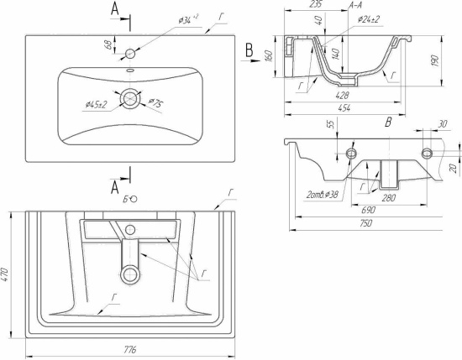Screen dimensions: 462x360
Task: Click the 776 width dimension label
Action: tap(129, 350)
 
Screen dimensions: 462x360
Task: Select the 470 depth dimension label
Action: tap(6, 274)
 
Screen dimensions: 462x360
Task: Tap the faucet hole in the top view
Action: tap(130, 54)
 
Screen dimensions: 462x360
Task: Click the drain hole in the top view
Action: tap(130, 98)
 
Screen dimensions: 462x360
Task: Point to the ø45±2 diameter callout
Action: tap(96, 104)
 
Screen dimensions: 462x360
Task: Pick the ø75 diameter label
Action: tap(156, 102)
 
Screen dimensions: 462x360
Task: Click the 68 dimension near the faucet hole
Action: tap(108, 44)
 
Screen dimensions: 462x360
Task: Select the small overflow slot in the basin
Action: tap(130, 70)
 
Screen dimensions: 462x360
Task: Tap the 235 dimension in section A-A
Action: tap(316, 4)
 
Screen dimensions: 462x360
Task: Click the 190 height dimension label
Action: tap(435, 60)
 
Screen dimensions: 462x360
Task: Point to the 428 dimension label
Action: tap(342, 95)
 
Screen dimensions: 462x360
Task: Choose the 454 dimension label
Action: tap(344, 108)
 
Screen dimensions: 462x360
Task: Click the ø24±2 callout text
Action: tap(368, 20)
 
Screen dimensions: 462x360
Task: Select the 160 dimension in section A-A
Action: tap(269, 56)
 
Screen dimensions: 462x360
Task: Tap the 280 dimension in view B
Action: tap(389, 198)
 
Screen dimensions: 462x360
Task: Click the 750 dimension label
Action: tap(365, 223)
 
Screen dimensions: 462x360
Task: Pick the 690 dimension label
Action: tap(368, 210)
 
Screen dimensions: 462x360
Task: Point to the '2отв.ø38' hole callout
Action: tap(322, 195)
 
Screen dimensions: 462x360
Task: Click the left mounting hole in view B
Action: tap(351, 153)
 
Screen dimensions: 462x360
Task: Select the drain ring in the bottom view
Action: tap(130, 274)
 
